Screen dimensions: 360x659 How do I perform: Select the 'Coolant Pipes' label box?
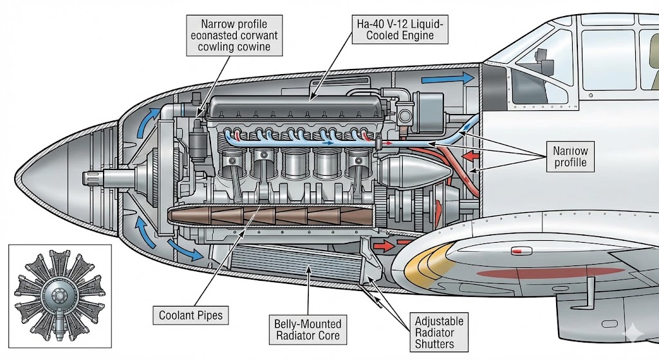click(x=191, y=316)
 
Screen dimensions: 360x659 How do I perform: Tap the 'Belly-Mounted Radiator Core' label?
click(x=308, y=329)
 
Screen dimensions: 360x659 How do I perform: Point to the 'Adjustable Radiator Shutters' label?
click(x=439, y=332)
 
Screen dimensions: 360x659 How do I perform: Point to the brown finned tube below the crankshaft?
click(x=270, y=216)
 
